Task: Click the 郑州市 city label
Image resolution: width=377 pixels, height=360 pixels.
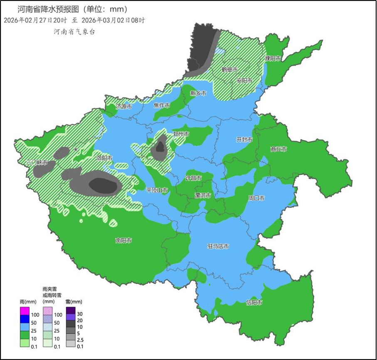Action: point(181,134)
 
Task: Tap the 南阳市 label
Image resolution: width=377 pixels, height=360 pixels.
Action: point(123,241)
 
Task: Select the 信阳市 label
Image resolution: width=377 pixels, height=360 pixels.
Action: point(254,303)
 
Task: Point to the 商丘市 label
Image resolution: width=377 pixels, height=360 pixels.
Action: point(278,149)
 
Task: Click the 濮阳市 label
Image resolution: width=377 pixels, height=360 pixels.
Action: point(273,59)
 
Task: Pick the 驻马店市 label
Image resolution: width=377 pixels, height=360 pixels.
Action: point(218,246)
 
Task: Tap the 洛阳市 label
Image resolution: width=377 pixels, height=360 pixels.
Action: point(104,158)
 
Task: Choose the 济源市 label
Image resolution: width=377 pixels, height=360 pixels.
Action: point(123,107)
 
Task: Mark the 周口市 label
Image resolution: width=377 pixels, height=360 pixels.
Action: point(256,198)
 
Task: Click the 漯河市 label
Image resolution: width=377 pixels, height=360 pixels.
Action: point(203,195)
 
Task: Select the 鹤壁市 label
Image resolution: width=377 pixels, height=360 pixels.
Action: point(229,70)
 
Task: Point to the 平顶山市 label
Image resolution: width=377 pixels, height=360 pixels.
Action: point(157,190)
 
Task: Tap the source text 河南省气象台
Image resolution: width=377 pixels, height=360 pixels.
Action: point(74,32)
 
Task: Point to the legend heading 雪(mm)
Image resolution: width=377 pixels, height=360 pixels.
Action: point(74,302)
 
